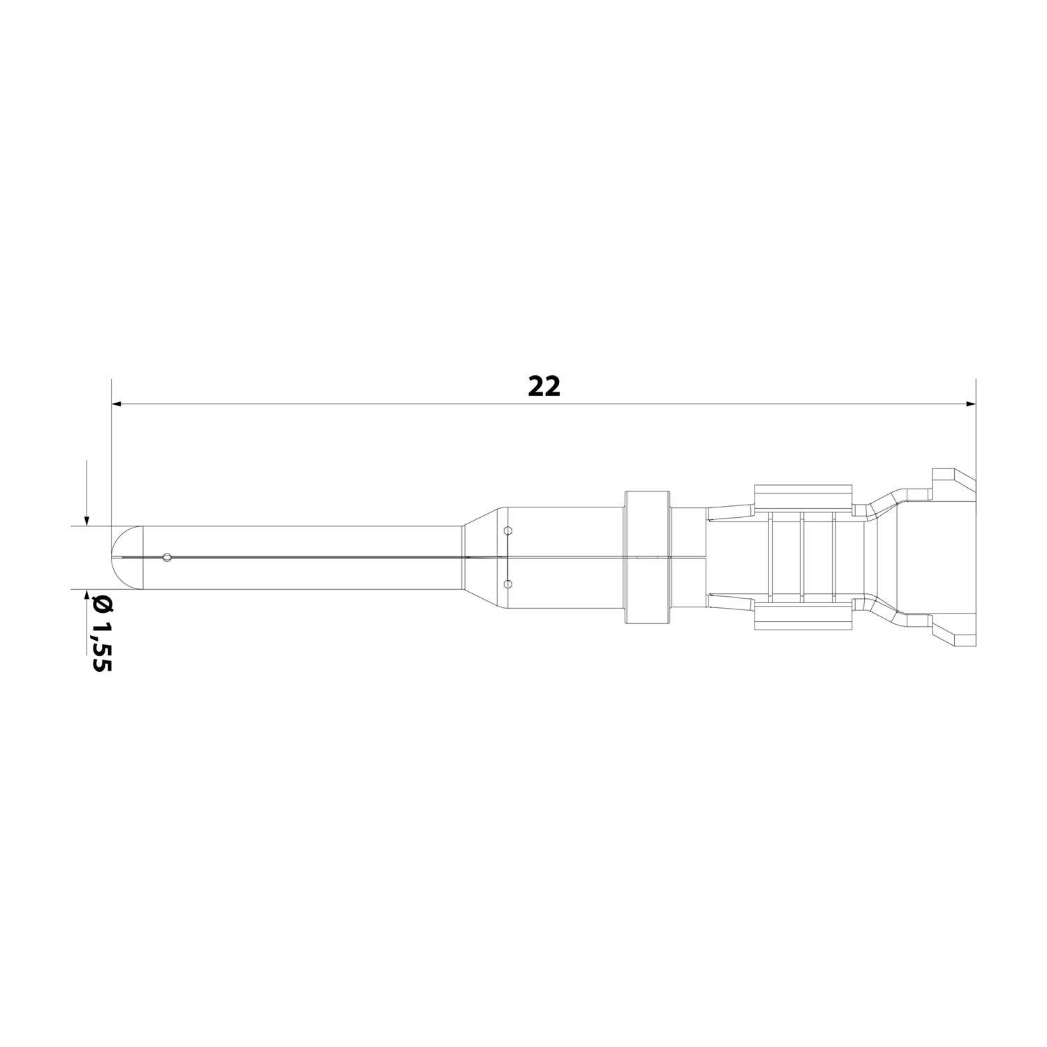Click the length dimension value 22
[x=544, y=386]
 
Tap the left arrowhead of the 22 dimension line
[x=117, y=403]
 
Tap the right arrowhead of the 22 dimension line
[x=970, y=403]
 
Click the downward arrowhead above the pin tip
[x=86, y=519]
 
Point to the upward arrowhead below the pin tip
[x=86, y=595]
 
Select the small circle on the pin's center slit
[x=166, y=557]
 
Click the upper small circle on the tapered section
[x=507, y=531]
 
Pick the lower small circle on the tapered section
[x=507, y=583]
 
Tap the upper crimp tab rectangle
[x=803, y=498]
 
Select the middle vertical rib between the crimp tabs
[x=803, y=557]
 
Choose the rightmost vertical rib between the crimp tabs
[x=834, y=557]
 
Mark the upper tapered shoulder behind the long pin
[x=482, y=517]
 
